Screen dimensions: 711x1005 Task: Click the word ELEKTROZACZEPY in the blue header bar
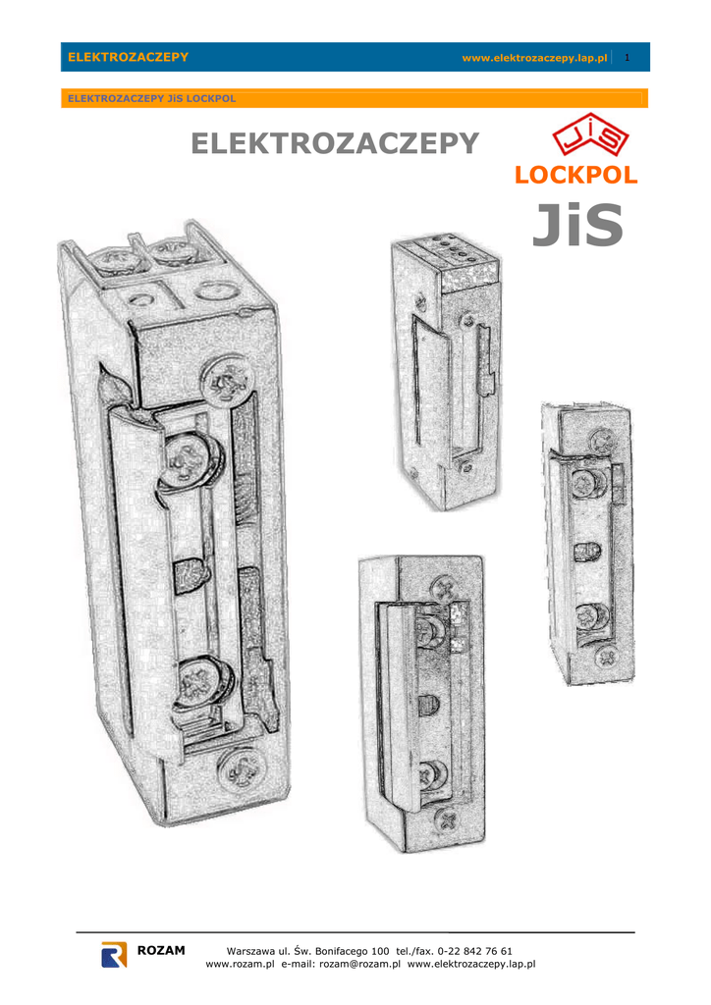pos(129,57)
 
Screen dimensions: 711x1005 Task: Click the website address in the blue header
pos(534,58)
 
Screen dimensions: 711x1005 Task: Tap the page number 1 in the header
pos(627,58)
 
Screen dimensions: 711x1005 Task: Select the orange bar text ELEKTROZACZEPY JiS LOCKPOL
pos(152,99)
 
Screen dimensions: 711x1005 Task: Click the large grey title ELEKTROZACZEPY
pos(335,143)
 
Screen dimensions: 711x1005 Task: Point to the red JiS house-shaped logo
pos(590,133)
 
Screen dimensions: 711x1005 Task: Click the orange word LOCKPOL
pos(575,175)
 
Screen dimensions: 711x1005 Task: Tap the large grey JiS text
pos(577,225)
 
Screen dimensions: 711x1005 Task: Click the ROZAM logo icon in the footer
pos(114,954)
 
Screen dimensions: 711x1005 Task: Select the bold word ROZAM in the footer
pos(161,950)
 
